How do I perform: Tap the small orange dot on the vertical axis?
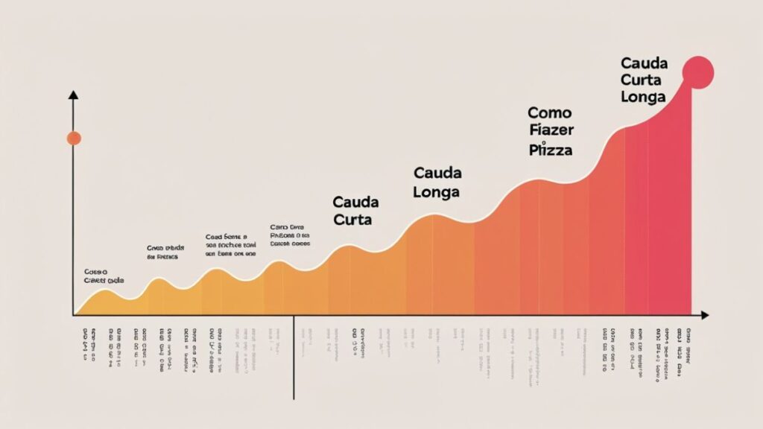pyautogui.click(x=73, y=138)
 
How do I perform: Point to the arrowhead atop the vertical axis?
pyautogui.click(x=73, y=95)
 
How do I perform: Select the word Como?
pyautogui.click(x=549, y=113)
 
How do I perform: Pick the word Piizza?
pyautogui.click(x=551, y=150)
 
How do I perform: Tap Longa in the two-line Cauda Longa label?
pyautogui.click(x=437, y=192)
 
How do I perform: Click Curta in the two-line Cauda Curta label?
pyautogui.click(x=352, y=220)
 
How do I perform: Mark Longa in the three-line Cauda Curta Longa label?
pyautogui.click(x=642, y=98)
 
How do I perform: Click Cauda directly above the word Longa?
pyautogui.click(x=437, y=174)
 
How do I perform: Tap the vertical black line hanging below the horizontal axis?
pyautogui.click(x=294, y=357)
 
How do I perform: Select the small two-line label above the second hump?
pyautogui.click(x=163, y=252)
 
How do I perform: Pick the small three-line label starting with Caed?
pyautogui.click(x=230, y=245)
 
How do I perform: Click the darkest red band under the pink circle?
pyautogui.click(x=671, y=223)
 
